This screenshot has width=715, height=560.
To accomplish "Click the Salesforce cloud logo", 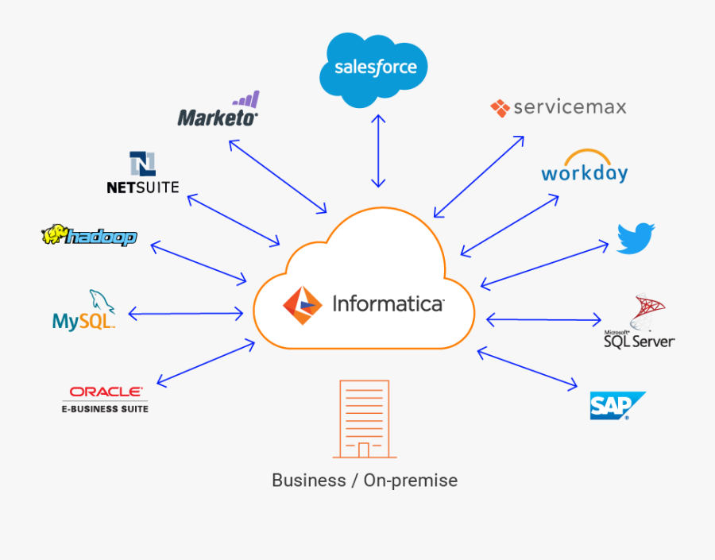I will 373,69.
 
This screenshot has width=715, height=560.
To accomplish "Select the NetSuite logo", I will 143,173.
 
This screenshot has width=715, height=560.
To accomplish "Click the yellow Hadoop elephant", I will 54,235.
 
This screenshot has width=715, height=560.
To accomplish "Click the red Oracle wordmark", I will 106,392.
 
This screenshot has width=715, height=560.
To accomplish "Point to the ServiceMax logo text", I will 569,107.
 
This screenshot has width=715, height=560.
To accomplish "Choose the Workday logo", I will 584,168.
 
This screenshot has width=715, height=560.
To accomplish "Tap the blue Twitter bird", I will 636,238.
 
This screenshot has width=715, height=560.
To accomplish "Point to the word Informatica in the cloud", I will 388,304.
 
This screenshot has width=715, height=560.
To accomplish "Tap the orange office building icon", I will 364,419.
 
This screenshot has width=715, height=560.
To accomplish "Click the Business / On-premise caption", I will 365,481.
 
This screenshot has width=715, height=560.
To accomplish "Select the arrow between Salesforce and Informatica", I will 378,150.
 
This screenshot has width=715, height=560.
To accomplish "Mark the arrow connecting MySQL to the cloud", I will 185,315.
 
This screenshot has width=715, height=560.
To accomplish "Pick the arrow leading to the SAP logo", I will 528,369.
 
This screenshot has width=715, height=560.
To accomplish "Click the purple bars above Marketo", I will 246,100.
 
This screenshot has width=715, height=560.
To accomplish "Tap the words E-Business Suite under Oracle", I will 106,409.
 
